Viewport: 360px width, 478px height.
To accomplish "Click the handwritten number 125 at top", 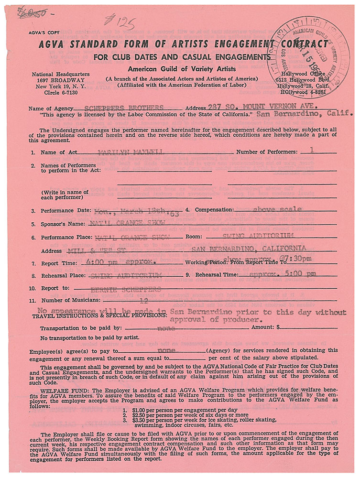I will (x=120, y=22).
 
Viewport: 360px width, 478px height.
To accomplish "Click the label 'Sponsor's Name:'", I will (x=62, y=223).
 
